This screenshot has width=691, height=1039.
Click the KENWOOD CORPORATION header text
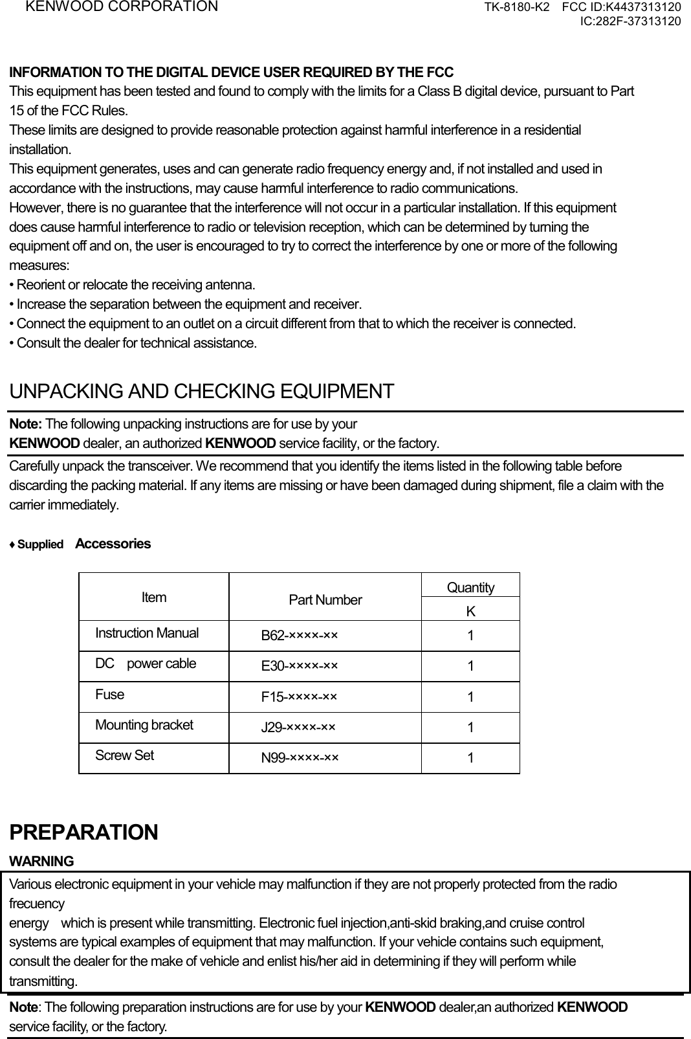[x=122, y=7]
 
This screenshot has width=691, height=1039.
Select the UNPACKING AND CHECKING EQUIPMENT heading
[x=201, y=392]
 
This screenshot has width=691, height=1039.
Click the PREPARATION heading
[x=83, y=832]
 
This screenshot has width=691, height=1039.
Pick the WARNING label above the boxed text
[x=41, y=862]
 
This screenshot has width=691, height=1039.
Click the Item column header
[x=154, y=598]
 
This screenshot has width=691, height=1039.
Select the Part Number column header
[x=325, y=600]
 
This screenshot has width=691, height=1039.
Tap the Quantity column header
[x=470, y=587]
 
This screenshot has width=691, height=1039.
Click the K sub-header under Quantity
[x=470, y=611]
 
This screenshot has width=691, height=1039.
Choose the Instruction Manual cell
[x=147, y=633]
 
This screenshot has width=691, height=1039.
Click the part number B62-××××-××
[x=299, y=636]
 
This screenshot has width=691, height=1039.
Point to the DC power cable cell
[x=146, y=664]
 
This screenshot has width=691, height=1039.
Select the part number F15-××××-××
[x=299, y=697]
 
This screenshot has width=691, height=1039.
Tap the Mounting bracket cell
[x=144, y=725]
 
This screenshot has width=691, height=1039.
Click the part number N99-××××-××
[x=299, y=757]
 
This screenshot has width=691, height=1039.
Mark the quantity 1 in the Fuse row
[x=470, y=697]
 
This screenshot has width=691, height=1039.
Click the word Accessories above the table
[x=113, y=544]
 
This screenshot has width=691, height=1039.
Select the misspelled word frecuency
[x=37, y=904]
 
